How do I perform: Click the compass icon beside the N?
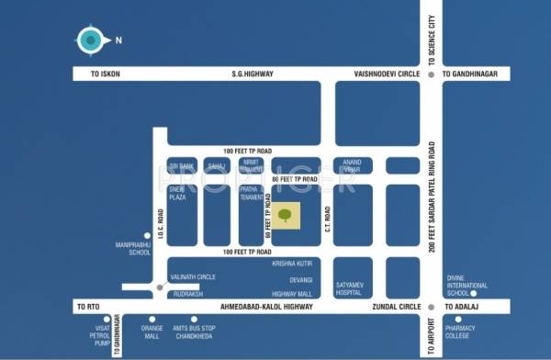(x=89, y=39)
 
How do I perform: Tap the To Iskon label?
(x=103, y=73)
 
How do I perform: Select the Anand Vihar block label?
(x=352, y=165)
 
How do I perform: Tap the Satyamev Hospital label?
(x=352, y=288)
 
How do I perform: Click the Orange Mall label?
(x=152, y=332)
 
